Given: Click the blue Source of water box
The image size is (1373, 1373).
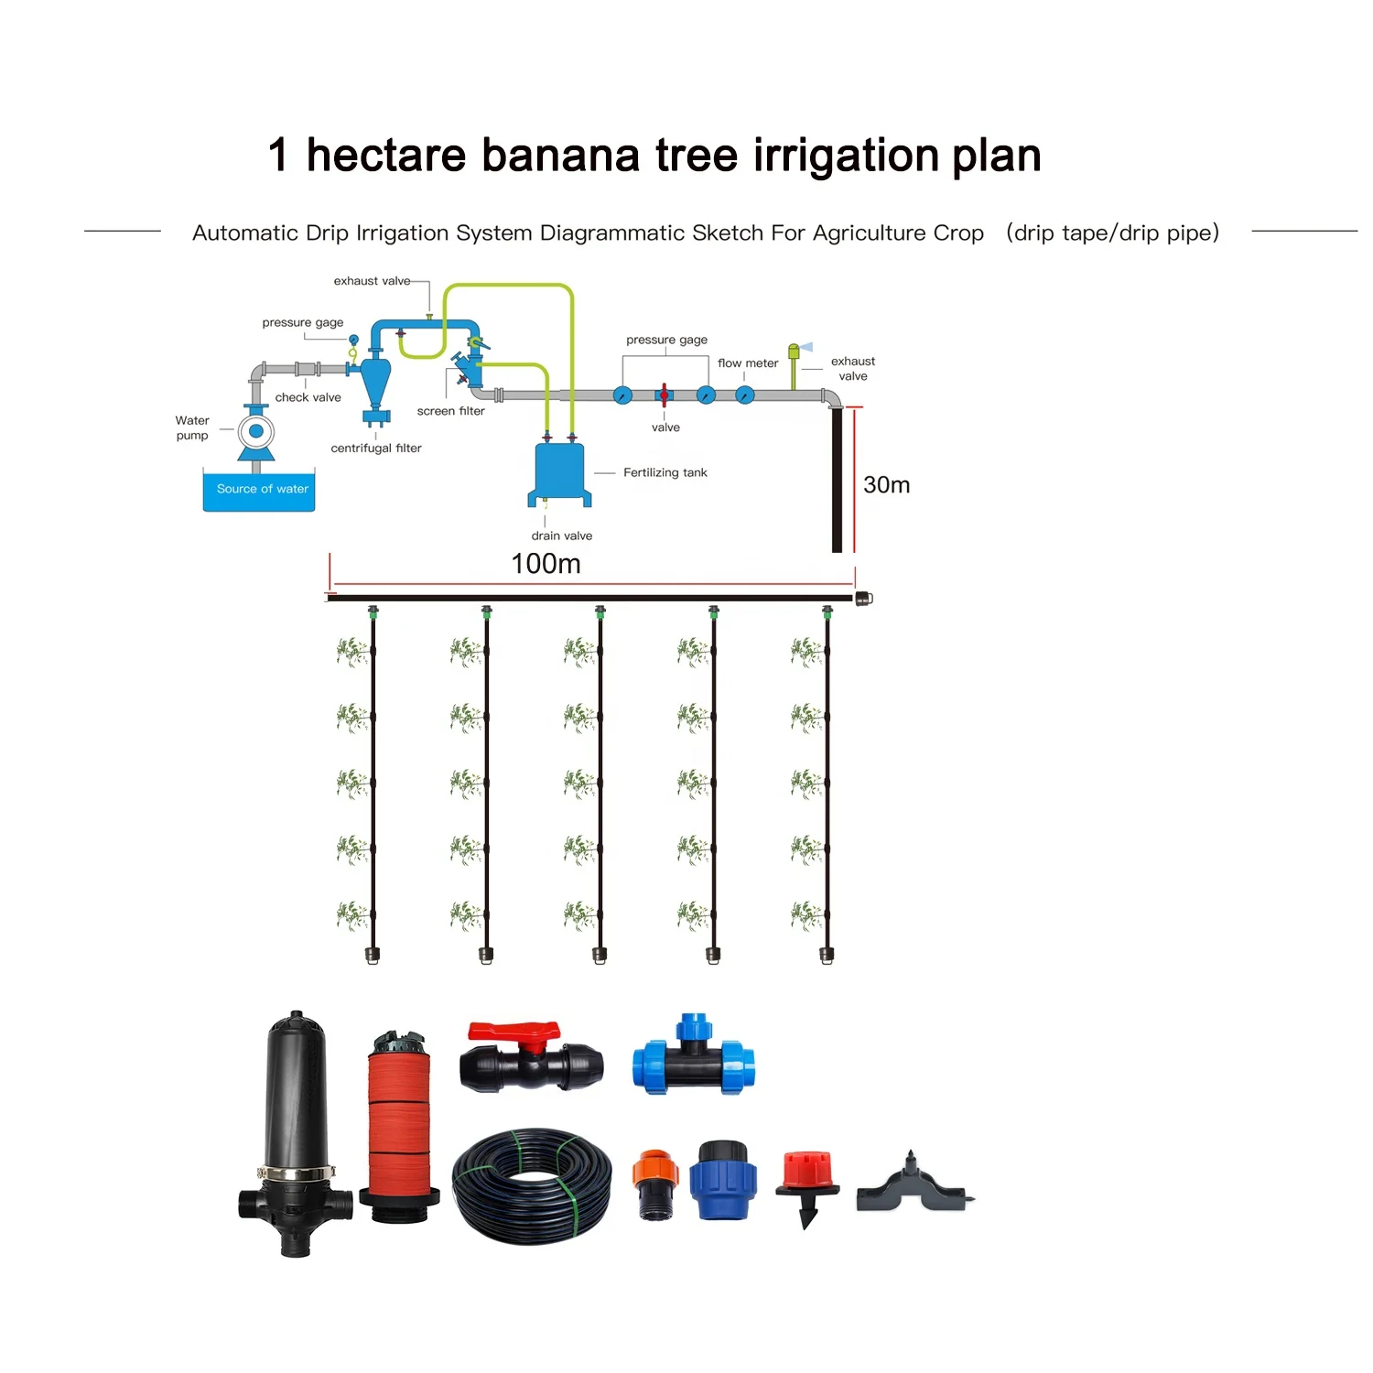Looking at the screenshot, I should coord(259,491).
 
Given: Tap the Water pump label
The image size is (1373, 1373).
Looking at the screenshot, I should coord(192,427).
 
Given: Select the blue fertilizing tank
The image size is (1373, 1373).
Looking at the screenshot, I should coord(558,472).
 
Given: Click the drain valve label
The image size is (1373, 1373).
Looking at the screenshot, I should coord(561,535).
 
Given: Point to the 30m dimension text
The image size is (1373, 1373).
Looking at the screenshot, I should coord(886,485).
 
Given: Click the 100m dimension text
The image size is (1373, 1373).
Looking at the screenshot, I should coord(546,564).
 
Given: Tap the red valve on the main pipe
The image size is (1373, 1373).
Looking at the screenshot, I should coord(664,395).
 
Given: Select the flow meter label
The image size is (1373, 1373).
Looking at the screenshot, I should coord(748,363).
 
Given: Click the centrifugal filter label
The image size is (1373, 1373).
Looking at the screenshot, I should coord(376,448).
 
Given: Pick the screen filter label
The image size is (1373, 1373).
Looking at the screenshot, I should coord(450,411).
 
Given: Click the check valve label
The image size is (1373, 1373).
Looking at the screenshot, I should coord(308,397).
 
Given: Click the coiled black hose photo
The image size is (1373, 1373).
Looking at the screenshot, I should coord(532,1186).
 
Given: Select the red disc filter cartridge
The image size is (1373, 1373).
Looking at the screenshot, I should coord(399,1126).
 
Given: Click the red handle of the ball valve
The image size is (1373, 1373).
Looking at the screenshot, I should coord(514,1033).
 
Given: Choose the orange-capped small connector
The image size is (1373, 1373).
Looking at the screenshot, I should coord(655,1183).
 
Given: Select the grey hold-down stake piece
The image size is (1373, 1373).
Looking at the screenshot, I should coord(914,1188).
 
